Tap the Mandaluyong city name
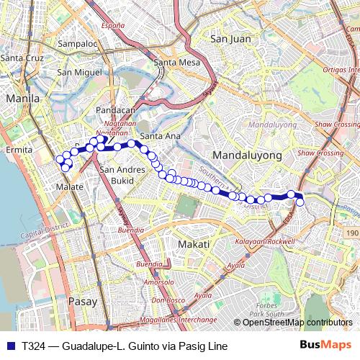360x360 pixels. [240, 154]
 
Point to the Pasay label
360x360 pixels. [81, 302]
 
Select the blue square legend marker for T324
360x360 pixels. [9, 345]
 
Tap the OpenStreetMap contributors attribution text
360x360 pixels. [297, 323]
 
